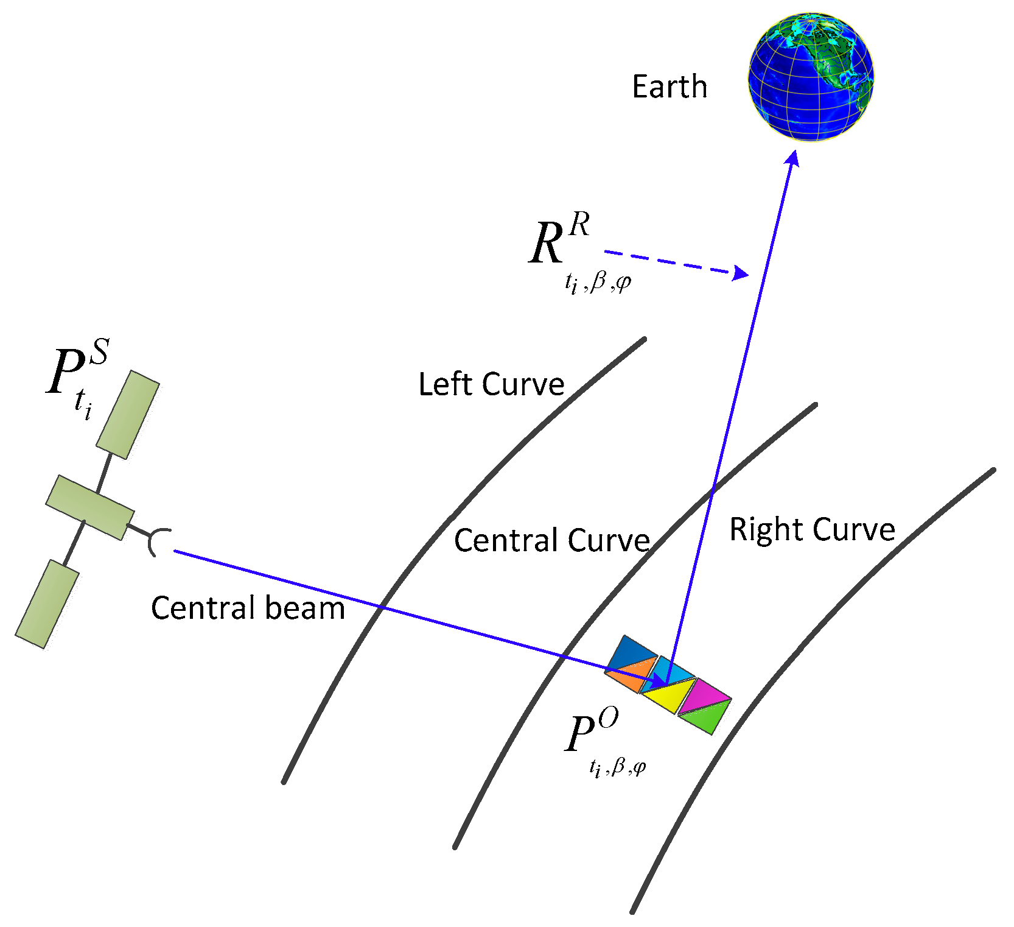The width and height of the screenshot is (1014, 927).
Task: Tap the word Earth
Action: point(670,86)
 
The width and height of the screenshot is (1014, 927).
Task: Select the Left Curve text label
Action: point(491,384)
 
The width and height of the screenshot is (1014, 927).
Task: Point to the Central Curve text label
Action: point(552,540)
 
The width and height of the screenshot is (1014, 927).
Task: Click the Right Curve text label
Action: point(812,529)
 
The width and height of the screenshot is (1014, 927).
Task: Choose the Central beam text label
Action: point(248,608)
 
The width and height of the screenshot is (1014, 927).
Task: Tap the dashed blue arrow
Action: point(676,263)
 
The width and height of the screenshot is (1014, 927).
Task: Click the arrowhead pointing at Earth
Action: point(792,158)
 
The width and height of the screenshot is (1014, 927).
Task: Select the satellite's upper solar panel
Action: point(128,414)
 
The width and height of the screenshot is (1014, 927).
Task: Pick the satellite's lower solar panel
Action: point(47,604)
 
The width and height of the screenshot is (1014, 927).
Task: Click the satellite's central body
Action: point(90,507)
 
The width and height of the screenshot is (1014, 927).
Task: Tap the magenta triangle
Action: point(703,694)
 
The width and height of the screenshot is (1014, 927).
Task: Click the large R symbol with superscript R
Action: point(548,244)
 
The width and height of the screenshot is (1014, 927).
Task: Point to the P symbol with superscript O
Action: point(581,734)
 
